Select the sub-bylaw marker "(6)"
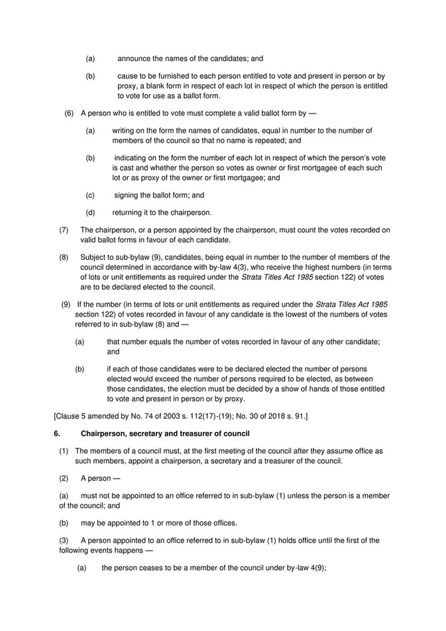click(x=69, y=113)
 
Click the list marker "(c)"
click(x=89, y=195)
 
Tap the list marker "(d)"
click(x=89, y=212)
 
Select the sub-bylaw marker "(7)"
click(x=64, y=230)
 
